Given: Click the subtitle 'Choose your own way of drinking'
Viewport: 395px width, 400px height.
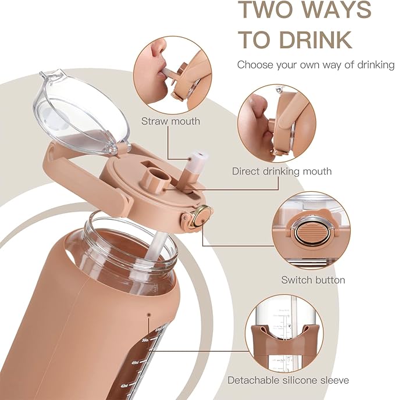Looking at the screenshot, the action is (x=316, y=65).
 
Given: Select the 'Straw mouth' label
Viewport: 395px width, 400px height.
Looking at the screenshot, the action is (x=170, y=121).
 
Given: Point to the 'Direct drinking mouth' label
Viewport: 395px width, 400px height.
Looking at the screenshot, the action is (x=282, y=171).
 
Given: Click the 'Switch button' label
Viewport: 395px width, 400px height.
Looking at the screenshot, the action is (x=313, y=280).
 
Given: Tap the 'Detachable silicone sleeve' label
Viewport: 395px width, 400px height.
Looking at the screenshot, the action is (x=289, y=380).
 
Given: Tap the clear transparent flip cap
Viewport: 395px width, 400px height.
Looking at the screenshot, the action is (x=80, y=114).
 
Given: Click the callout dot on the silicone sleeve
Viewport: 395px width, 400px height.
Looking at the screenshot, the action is (x=148, y=315).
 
